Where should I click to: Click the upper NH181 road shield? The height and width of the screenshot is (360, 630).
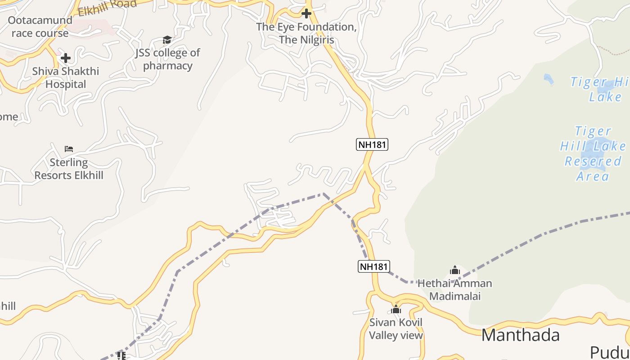click(x=372, y=144)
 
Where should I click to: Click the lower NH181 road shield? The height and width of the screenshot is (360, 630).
click(x=373, y=266)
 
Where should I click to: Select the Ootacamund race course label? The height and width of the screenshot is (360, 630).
click(x=40, y=27)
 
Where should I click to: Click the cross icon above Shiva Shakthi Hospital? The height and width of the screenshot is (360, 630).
click(x=66, y=58)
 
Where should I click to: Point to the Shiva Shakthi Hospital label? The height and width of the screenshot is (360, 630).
click(x=66, y=78)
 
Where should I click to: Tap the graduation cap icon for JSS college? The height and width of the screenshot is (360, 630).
click(x=167, y=40)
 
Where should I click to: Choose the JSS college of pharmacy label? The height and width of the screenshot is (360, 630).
click(x=167, y=59)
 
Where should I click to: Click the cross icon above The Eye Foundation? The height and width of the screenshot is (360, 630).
click(x=306, y=13)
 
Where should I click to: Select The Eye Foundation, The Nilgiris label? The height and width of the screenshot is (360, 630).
click(x=306, y=33)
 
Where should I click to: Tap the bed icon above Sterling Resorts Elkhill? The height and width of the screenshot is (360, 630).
click(x=69, y=149)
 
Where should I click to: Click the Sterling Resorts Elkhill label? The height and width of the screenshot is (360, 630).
click(x=69, y=169)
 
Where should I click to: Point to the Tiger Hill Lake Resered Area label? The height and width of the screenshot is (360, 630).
click(x=593, y=153)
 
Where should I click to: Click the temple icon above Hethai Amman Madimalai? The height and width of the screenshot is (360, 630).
click(x=454, y=270)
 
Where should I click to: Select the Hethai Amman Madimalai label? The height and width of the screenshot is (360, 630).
click(x=454, y=290)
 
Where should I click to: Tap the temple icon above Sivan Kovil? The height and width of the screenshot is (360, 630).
click(x=396, y=310)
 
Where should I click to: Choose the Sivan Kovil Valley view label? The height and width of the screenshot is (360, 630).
click(x=396, y=329)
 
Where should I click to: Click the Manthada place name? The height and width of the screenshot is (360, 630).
click(x=521, y=335)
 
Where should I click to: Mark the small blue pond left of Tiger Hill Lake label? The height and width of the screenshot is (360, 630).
click(x=548, y=79)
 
